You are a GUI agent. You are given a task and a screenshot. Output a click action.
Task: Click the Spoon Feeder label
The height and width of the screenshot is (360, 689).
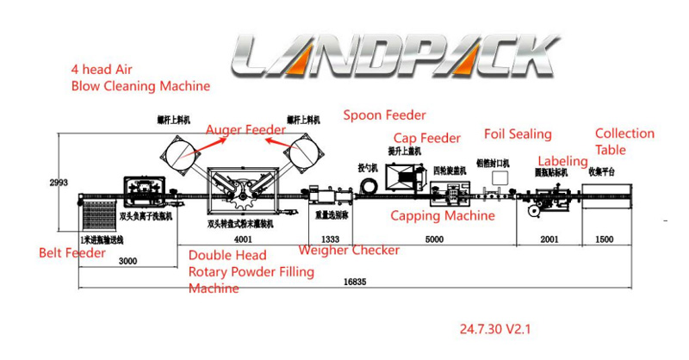384,115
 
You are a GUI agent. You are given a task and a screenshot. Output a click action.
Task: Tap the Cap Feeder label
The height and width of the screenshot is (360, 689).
426,138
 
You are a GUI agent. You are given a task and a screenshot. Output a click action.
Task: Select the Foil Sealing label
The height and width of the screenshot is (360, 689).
517,134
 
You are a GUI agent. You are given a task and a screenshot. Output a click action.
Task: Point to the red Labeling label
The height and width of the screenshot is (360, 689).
562,161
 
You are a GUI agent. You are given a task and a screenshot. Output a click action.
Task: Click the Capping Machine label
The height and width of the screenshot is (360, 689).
443,216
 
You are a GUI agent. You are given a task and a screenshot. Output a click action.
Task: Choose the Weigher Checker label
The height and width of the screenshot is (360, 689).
349,250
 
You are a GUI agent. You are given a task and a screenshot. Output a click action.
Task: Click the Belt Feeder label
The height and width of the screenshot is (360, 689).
72,253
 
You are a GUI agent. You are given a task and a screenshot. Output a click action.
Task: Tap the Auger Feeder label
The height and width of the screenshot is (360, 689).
245,129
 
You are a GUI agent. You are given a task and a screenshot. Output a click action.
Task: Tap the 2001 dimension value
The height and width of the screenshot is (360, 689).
548,239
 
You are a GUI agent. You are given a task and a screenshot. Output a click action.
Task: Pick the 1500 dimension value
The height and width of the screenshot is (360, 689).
606,239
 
